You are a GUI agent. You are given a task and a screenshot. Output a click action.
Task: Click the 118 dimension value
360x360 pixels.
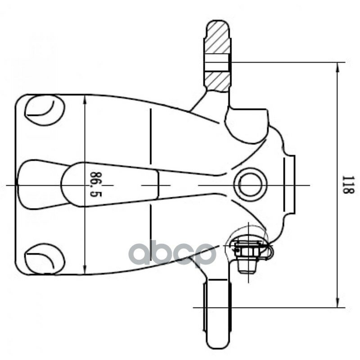click(348, 184)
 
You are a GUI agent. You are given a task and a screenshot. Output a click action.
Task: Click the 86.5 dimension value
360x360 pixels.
click(96, 184)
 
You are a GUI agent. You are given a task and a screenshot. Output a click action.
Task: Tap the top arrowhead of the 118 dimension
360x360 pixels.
click(337, 67)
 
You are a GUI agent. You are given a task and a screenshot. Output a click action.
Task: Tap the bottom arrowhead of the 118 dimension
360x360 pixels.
click(337, 302)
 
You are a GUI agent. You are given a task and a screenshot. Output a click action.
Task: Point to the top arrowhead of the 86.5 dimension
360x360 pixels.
click(85, 99)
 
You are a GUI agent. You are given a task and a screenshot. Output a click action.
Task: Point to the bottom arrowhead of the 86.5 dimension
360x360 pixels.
click(85, 270)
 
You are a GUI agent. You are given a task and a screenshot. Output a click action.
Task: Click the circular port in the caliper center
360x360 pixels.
click(250, 185)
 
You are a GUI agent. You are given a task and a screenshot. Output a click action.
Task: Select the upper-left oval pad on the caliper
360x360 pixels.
click(44, 110)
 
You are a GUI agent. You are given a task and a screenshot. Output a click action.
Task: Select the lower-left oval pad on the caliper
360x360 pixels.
click(44, 259)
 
